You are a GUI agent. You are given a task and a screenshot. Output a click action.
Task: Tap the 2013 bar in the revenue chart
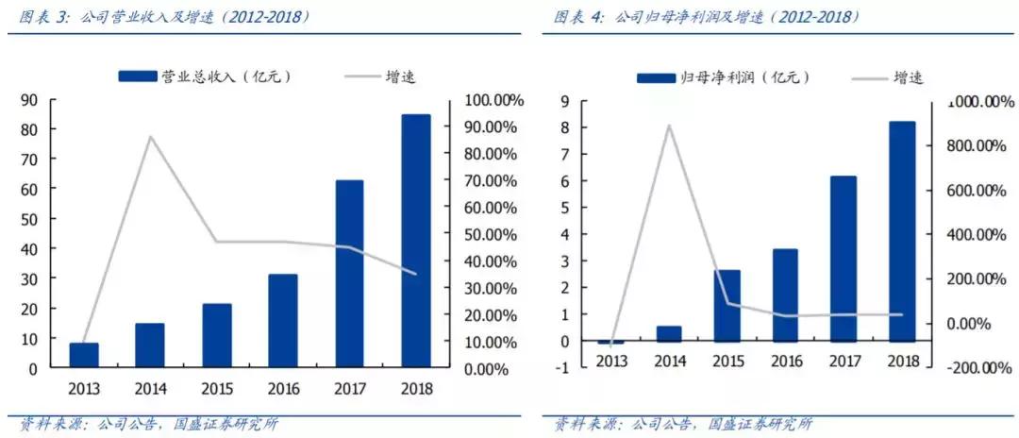click(84, 355)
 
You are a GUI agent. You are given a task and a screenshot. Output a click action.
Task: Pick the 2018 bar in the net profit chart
click(901, 231)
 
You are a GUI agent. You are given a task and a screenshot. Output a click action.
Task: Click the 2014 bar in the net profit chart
click(669, 333)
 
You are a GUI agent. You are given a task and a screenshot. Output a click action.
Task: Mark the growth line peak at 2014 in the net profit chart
click(669, 125)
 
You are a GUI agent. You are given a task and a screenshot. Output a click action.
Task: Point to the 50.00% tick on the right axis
click(493, 234)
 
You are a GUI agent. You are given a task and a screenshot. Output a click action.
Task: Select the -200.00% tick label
click(972, 368)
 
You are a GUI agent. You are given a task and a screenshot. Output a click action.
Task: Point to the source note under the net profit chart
click(682, 424)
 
